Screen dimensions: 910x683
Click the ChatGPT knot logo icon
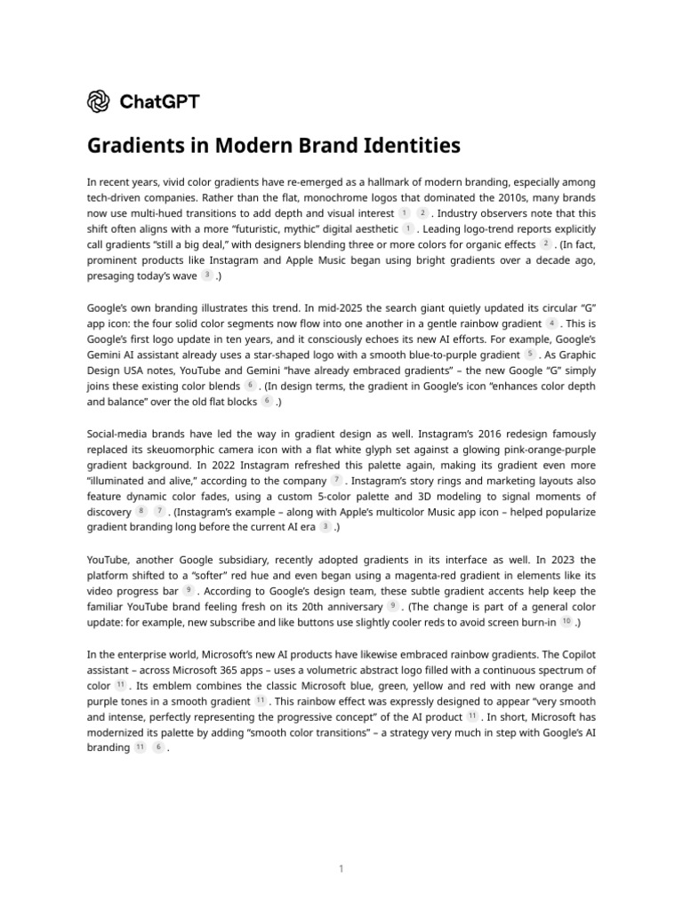98,101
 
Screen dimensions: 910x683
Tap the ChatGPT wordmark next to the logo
159,101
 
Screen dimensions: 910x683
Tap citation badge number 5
530,354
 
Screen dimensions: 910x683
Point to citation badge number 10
566,622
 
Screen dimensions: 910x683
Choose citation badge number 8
141,512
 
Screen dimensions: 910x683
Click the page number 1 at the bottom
341,868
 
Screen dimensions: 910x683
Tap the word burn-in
532,622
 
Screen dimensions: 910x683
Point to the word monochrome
314,197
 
